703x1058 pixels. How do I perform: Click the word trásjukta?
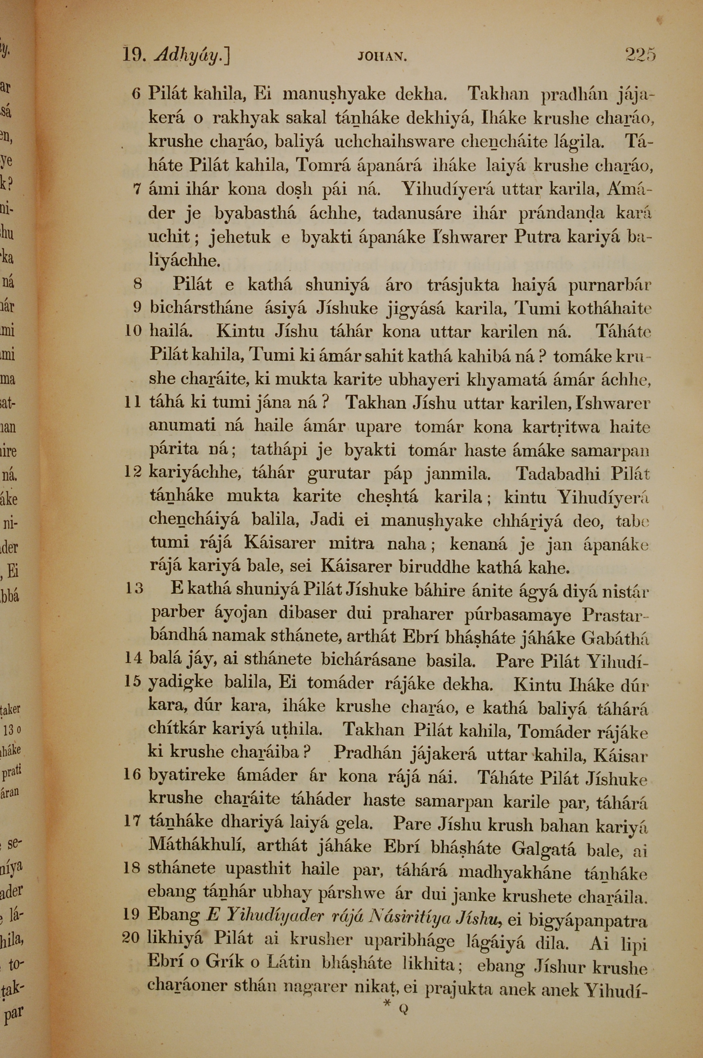(462, 285)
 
